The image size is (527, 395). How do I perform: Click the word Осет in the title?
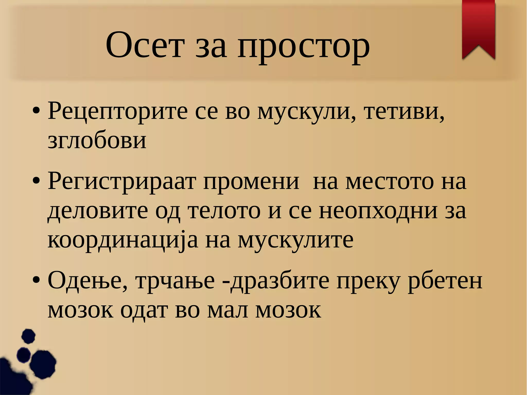[x=145, y=46]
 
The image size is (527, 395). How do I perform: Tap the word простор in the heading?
[x=304, y=48]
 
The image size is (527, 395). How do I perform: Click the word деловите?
[x=98, y=211]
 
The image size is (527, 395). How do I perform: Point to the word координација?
[x=123, y=241]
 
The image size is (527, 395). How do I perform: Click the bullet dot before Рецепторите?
[x=36, y=111]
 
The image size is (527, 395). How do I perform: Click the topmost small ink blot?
[x=28, y=336]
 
